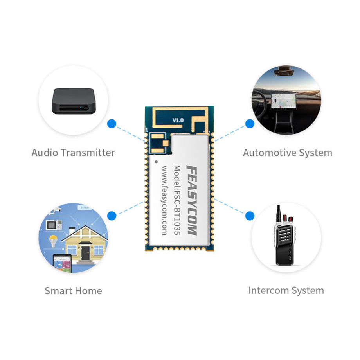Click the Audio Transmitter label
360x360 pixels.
73,152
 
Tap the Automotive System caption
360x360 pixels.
287,153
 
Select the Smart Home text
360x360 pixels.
73,291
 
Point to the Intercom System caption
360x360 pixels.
286,291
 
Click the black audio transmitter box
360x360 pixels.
74,101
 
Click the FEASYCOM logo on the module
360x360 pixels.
191,200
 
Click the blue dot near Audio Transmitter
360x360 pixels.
112,124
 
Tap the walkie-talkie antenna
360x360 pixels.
279,214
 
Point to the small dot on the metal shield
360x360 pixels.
156,161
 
